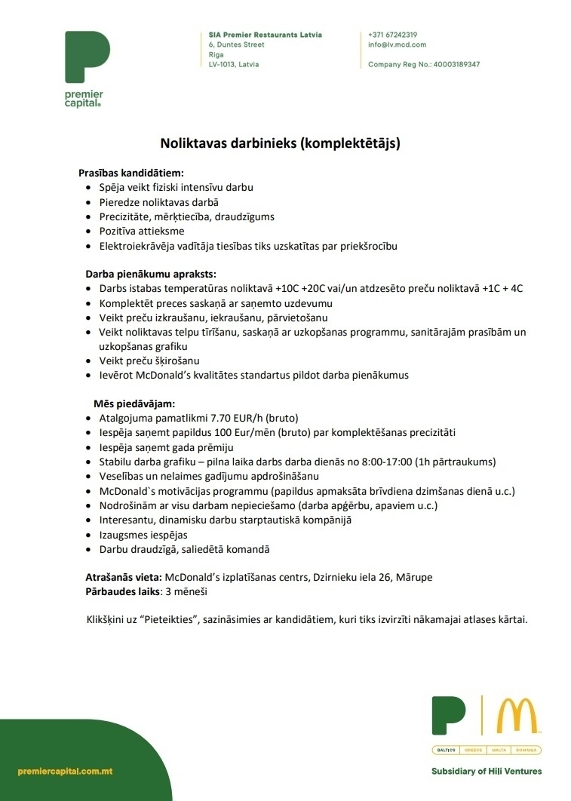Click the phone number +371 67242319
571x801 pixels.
pyautogui.click(x=392, y=35)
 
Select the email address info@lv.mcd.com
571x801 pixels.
pyautogui.click(x=397, y=44)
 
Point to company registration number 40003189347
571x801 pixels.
pyautogui.click(x=456, y=65)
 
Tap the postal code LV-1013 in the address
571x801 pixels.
pyautogui.click(x=223, y=65)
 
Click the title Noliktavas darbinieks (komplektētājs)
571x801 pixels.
pyautogui.click(x=279, y=142)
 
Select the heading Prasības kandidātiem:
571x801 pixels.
pyautogui.click(x=131, y=173)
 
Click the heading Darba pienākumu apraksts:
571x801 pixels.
pyautogui.click(x=151, y=274)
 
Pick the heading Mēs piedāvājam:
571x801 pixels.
pyautogui.click(x=134, y=404)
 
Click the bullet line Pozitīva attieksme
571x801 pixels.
pyautogui.click(x=142, y=231)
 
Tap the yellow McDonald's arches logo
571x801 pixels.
pyautogui.click(x=517, y=716)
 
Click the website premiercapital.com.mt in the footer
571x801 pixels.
pyautogui.click(x=66, y=772)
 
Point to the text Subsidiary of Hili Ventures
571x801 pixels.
pyautogui.click(x=486, y=772)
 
